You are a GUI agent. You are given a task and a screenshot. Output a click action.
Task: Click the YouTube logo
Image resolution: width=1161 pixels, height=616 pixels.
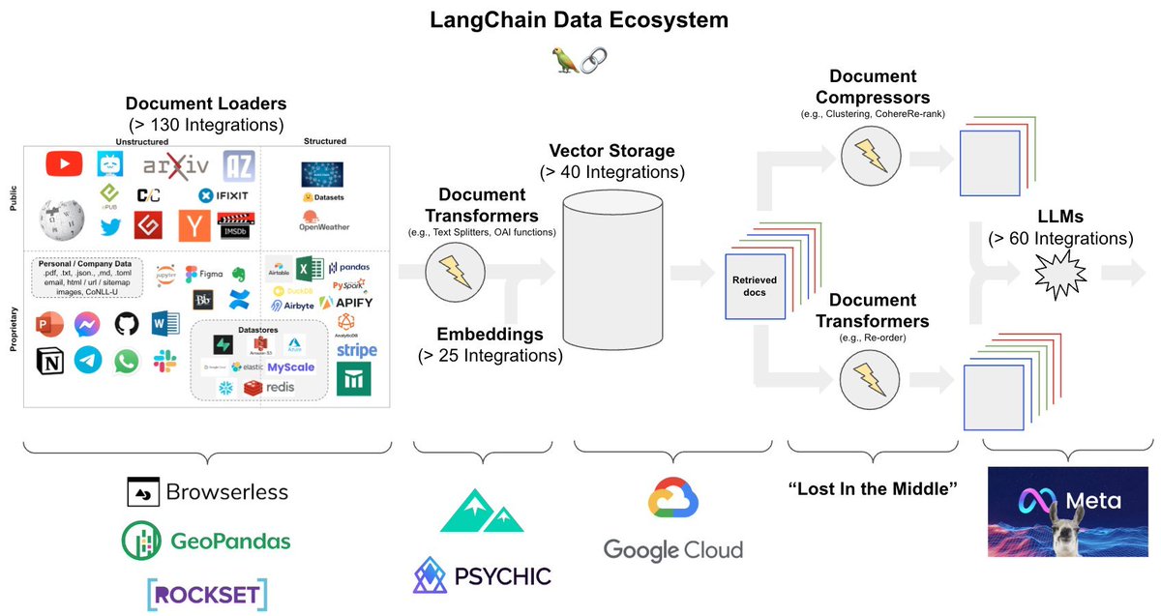pyautogui.click(x=64, y=164)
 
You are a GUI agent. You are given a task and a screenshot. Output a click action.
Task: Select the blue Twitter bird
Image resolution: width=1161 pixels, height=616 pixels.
pyautogui.click(x=107, y=226)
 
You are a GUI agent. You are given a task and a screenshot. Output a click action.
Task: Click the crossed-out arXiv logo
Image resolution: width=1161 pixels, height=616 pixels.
pyautogui.click(x=172, y=165)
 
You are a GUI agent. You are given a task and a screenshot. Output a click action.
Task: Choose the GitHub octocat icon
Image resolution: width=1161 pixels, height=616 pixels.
pyautogui.click(x=127, y=323)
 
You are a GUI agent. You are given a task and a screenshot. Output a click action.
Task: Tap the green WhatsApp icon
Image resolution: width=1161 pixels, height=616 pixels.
pyautogui.click(x=127, y=362)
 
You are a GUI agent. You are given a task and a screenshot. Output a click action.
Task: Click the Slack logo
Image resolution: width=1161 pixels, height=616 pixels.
pyautogui.click(x=164, y=362)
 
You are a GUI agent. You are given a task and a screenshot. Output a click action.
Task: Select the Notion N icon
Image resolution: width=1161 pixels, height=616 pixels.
pyautogui.click(x=49, y=362)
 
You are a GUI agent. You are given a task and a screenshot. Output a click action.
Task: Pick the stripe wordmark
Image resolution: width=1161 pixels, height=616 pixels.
pyautogui.click(x=356, y=349)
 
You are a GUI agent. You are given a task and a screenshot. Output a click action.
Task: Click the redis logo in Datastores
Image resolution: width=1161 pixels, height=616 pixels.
pyautogui.click(x=270, y=388)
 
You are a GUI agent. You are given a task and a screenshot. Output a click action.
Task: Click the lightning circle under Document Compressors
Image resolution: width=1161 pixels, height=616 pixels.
pyautogui.click(x=866, y=153)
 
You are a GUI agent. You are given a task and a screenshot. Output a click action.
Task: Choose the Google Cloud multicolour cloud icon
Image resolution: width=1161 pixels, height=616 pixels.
pyautogui.click(x=673, y=498)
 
